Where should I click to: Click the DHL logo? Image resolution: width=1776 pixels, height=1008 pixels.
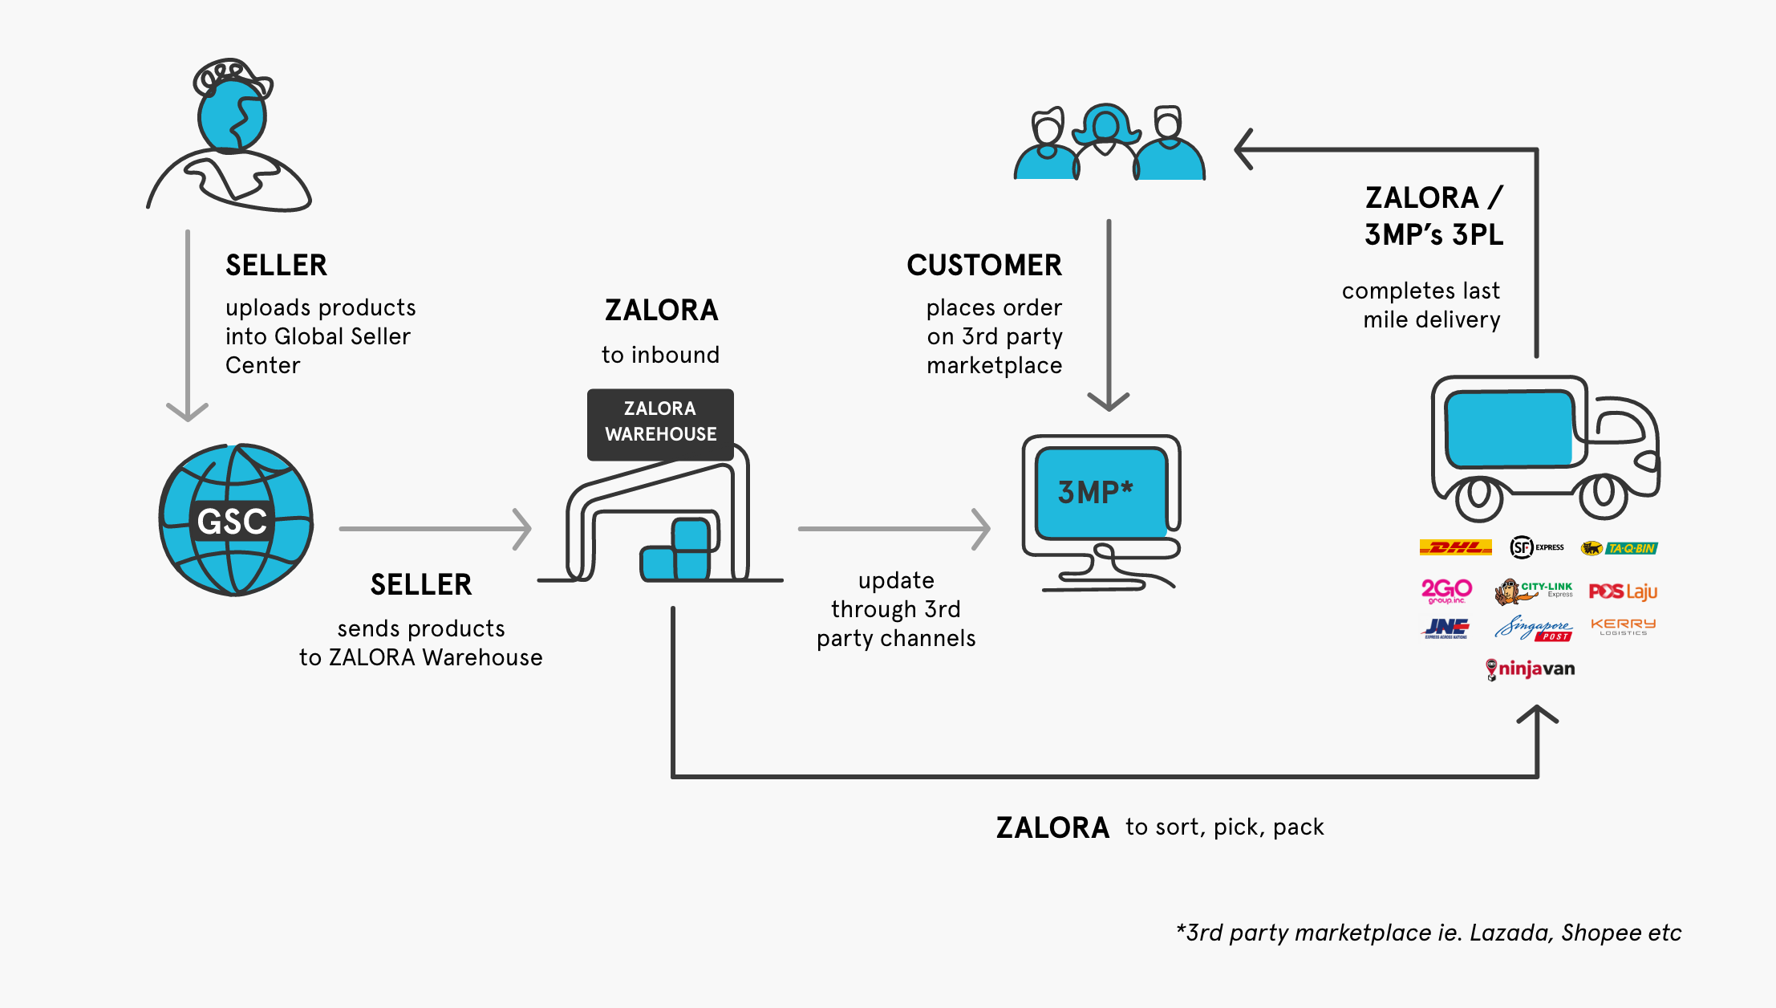coord(1455,547)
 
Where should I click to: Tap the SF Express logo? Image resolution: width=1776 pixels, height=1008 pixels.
coord(1536,547)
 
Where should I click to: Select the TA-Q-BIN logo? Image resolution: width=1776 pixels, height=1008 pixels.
coord(1619,548)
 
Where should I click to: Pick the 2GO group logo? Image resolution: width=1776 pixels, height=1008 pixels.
coord(1446,591)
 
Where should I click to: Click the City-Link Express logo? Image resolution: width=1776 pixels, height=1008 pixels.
coord(1533,591)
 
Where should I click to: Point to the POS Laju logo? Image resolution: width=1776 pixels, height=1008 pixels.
coord(1623,591)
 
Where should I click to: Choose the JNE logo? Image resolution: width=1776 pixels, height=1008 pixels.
coord(1447,628)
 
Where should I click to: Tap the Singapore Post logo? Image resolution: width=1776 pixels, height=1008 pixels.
coord(1533,628)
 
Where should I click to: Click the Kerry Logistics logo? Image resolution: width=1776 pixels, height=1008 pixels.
coord(1623,627)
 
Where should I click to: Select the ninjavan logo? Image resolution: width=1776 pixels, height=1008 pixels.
coord(1530,669)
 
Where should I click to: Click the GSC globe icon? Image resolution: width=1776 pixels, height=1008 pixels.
coord(235,520)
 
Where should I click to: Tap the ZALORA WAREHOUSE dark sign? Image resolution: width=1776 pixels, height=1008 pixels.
coord(660,423)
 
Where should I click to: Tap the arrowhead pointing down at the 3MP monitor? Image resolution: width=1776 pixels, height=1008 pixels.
coord(1109,401)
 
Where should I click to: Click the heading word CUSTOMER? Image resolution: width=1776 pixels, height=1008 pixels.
coord(983,266)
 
